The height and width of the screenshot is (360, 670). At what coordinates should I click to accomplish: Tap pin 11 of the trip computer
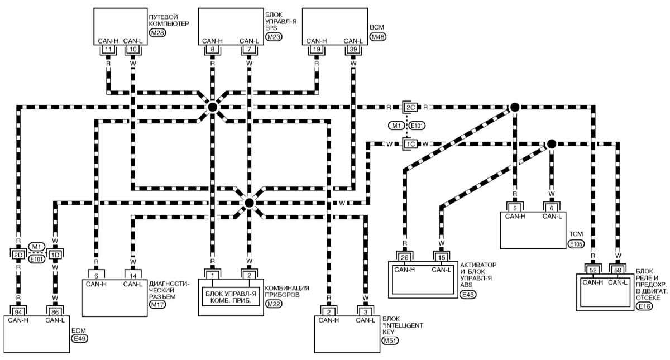pyautogui.click(x=108, y=50)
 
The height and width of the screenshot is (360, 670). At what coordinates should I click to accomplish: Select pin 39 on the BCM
pyautogui.click(x=353, y=50)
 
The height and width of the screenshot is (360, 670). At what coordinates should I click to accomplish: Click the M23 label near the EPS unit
pyautogui.click(x=274, y=37)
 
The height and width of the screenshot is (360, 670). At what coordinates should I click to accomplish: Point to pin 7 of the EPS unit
pyautogui.click(x=248, y=50)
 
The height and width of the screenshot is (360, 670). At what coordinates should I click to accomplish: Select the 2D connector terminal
pyautogui.click(x=18, y=255)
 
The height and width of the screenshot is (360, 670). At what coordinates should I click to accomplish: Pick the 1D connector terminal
pyautogui.click(x=55, y=255)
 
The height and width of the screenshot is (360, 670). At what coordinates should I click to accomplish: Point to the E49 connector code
pyautogui.click(x=80, y=338)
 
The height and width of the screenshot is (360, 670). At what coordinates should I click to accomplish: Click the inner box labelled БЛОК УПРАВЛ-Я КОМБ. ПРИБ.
pyautogui.click(x=231, y=297)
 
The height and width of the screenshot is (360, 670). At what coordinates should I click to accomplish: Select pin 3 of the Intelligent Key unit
pyautogui.click(x=366, y=310)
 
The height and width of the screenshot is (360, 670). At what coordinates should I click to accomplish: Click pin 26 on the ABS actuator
pyautogui.click(x=405, y=257)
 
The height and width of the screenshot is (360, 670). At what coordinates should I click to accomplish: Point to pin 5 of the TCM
pyautogui.click(x=515, y=208)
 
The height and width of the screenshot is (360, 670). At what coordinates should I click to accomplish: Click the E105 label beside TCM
pyautogui.click(x=575, y=244)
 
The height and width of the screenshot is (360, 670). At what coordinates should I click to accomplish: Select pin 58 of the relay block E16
pyautogui.click(x=618, y=270)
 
